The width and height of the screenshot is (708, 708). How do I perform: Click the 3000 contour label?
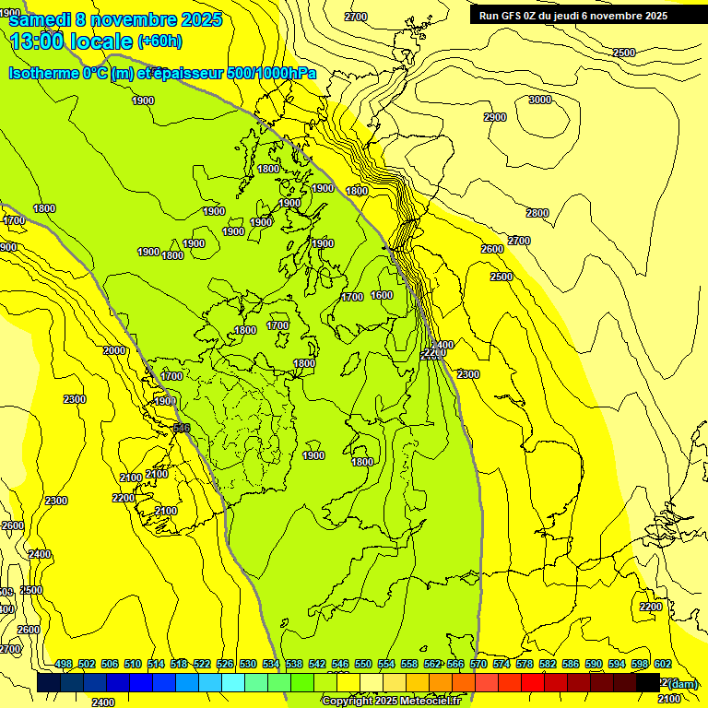[540, 100]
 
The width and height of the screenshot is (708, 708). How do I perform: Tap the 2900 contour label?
[495, 117]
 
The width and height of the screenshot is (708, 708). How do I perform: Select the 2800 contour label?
[537, 213]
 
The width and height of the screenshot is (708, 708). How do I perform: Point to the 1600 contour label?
[382, 295]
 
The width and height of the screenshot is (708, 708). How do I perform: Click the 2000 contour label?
[114, 350]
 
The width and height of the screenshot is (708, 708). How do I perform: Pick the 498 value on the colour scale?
[64, 664]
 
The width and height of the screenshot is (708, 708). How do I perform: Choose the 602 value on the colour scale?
[662, 664]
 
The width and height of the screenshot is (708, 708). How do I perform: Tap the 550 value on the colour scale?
[363, 664]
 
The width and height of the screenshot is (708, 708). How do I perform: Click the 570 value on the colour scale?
[478, 664]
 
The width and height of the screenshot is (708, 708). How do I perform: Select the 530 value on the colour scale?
[248, 664]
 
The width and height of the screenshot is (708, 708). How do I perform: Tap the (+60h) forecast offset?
[159, 41]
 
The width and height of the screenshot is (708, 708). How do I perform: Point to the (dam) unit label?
[683, 683]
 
